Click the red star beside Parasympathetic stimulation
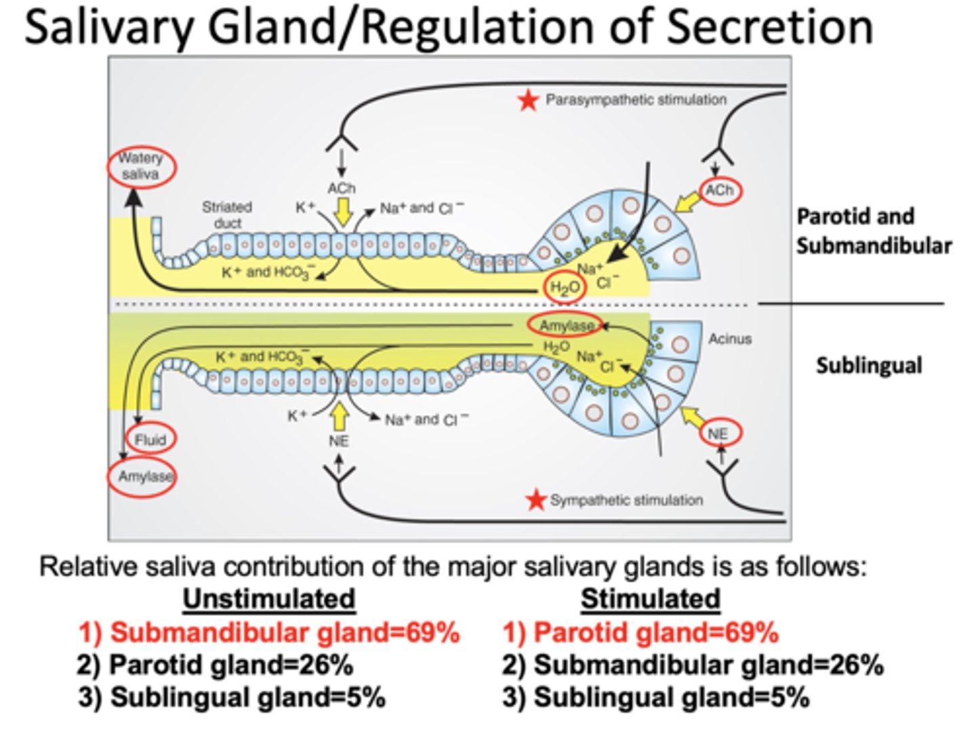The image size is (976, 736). [x=528, y=101]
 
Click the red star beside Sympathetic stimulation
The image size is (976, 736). [x=536, y=501]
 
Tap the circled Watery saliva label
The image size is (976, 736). [x=141, y=166]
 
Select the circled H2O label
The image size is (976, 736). [x=565, y=288]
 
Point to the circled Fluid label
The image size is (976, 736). [x=150, y=440]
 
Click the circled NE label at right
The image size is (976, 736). [x=720, y=433]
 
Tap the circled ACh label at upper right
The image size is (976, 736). [x=719, y=191]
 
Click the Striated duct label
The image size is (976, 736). [x=227, y=214]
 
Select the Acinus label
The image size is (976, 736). [x=730, y=338]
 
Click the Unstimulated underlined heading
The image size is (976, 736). [x=268, y=599]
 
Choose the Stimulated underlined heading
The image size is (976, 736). [x=650, y=599]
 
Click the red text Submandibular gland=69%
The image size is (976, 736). [x=269, y=632]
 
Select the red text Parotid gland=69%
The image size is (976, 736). [x=640, y=632]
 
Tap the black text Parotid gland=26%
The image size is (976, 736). [x=215, y=665]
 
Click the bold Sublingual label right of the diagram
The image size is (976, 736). [x=868, y=366]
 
